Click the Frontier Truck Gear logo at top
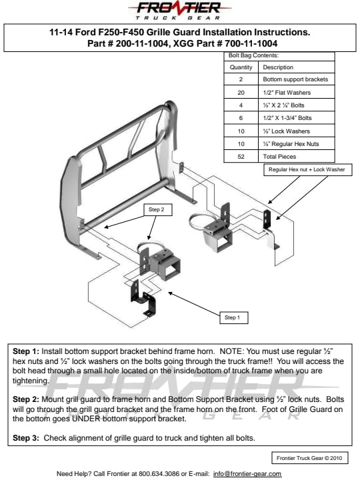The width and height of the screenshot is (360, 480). [x=180, y=11]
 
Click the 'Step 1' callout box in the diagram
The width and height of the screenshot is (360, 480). [x=234, y=318]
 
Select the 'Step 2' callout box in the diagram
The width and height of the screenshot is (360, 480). [x=158, y=210]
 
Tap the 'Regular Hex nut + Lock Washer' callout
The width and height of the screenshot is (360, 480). [x=307, y=169]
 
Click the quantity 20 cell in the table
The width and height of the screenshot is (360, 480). [x=241, y=93]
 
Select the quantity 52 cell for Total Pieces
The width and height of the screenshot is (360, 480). [x=241, y=157]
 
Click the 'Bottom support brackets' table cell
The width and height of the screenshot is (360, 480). [x=295, y=79]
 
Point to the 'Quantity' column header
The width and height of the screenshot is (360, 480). [x=241, y=67]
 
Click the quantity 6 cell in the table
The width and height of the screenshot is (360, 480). [x=241, y=118]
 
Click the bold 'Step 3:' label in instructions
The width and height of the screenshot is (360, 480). [x=26, y=438]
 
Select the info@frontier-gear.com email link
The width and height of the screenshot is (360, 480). [x=247, y=474]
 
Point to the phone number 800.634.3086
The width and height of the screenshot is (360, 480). [x=159, y=474]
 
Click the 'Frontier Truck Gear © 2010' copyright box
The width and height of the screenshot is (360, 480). [x=310, y=458]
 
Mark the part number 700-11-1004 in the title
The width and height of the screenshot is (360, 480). [x=251, y=43]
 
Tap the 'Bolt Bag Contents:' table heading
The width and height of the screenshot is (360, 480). [x=253, y=56]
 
